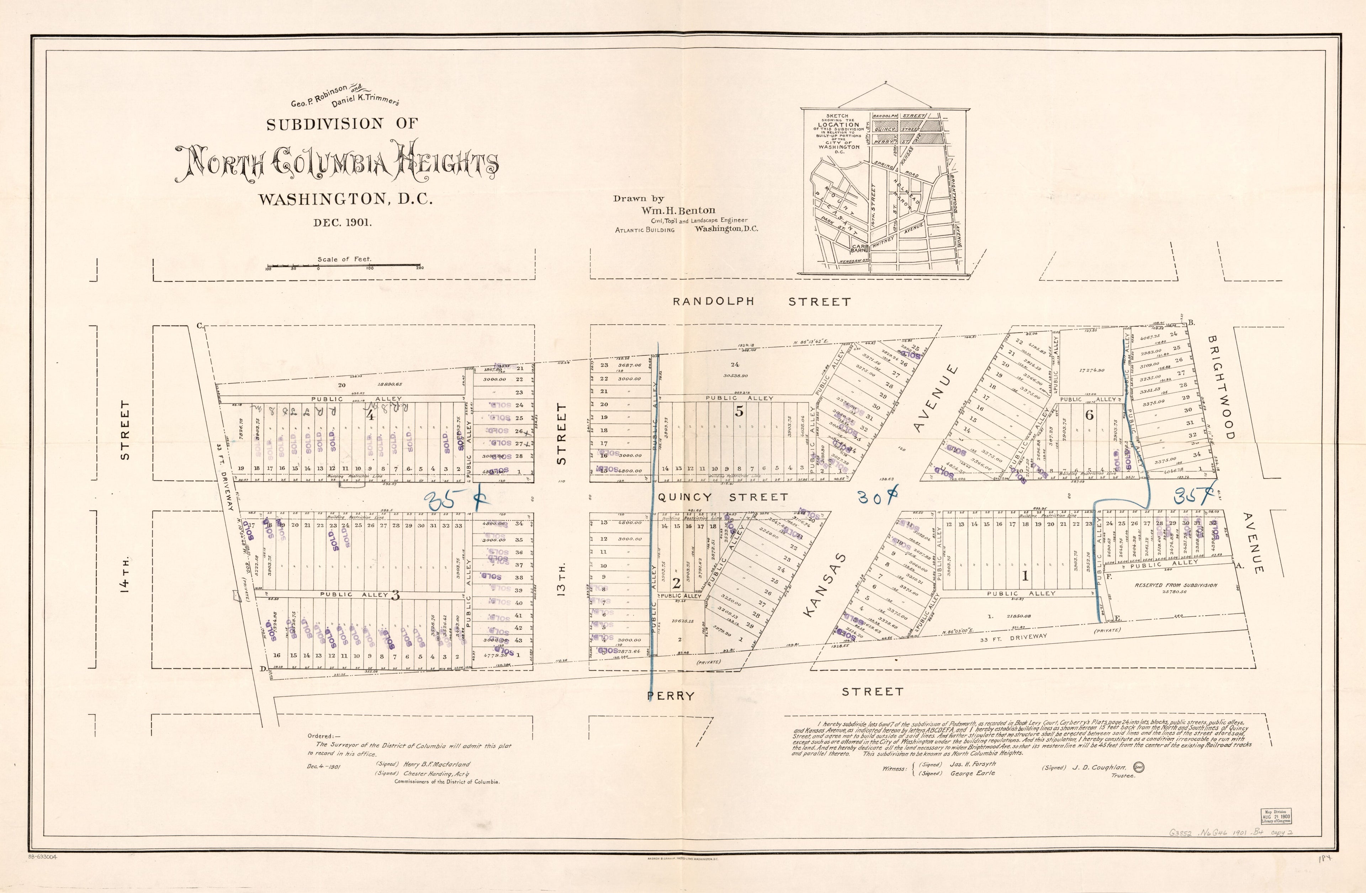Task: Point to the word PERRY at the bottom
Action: (x=671, y=696)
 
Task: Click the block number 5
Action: (x=739, y=411)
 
